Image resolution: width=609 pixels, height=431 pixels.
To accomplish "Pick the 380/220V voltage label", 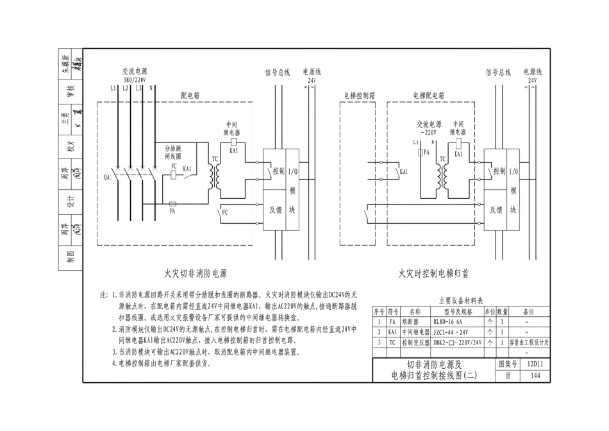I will coord(135,80).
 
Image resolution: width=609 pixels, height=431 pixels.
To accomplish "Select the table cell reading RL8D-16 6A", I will coord(453,321).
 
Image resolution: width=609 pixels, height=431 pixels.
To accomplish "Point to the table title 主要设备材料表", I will coord(460,300).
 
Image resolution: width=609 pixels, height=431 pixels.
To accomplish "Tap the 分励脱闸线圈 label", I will coord(173,151).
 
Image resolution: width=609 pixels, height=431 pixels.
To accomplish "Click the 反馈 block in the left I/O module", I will coord(278,210).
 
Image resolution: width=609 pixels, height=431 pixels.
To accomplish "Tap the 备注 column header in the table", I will coord(529,310).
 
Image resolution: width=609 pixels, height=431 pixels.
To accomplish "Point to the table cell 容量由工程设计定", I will coord(529,343).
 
